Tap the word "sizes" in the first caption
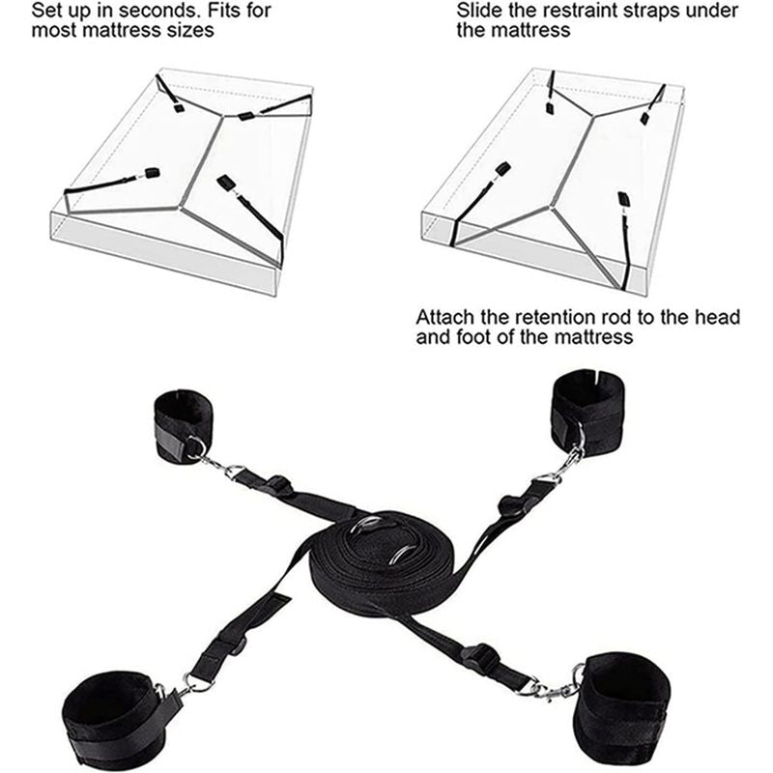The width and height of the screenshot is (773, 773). pos(191,31)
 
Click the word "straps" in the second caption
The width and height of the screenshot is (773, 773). pos(651,12)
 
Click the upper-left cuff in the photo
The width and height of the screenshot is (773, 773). pos(183,424)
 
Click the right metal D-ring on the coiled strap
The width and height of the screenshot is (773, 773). pos(405,553)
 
